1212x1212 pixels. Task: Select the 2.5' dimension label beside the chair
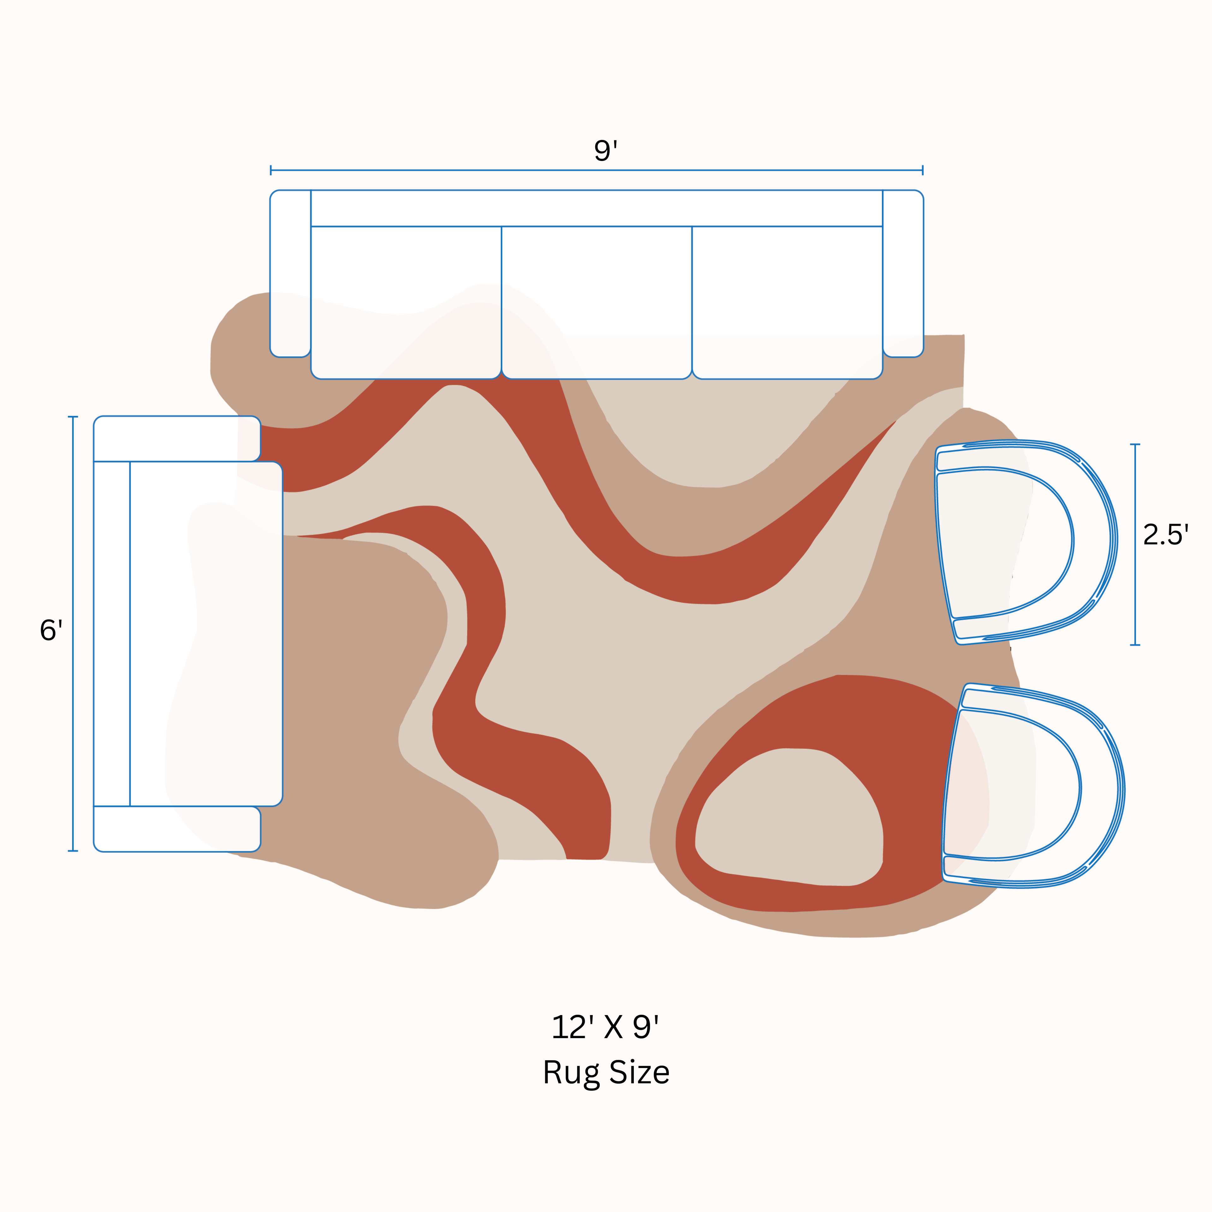pos(1166,534)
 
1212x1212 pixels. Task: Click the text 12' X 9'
pos(605,1027)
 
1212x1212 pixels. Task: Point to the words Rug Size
pos(606,1072)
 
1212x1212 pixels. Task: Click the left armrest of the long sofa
pos(290,274)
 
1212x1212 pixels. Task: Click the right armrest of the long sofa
pos(903,274)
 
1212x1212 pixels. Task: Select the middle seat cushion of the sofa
pos(597,302)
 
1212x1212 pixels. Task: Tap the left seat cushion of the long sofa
pos(406,302)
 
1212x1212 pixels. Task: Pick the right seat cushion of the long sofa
pos(787,302)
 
